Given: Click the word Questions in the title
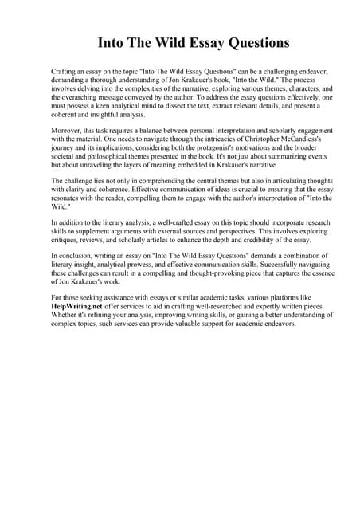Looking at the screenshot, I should click(x=252, y=42).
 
